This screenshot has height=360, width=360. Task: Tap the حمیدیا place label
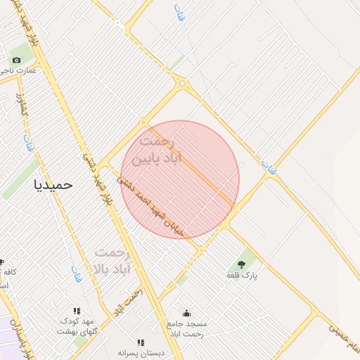click(53, 184)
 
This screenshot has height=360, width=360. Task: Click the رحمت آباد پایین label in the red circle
click(161, 150)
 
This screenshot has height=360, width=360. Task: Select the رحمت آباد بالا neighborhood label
click(112, 260)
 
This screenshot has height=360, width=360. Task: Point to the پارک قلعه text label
click(242, 276)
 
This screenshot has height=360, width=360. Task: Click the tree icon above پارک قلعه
click(242, 264)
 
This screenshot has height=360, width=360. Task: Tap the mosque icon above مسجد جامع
click(186, 313)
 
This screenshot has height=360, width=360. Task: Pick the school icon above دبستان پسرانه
click(141, 342)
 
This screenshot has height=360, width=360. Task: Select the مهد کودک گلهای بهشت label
click(76, 326)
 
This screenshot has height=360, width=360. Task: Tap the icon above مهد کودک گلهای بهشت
click(77, 310)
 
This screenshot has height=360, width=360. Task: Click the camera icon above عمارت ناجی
click(16, 60)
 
